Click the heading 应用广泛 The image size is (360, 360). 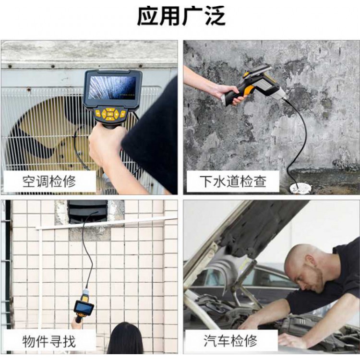coord(181,16)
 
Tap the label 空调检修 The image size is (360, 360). coord(49,181)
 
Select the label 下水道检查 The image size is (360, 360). coord(233,181)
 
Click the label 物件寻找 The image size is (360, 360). coord(49,341)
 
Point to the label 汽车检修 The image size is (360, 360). coord(230,340)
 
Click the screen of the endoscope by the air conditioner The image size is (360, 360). coord(112,88)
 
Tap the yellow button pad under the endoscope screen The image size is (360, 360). coord(110,114)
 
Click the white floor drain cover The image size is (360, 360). coord(300,189)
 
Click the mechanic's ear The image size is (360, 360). coord(312,261)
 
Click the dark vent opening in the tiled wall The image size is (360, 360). coord(87,212)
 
